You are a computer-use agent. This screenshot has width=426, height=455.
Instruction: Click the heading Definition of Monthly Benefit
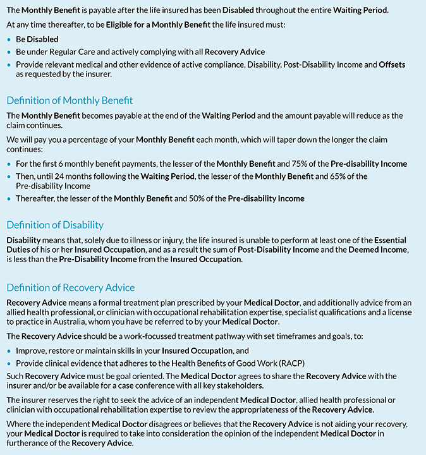[70, 100]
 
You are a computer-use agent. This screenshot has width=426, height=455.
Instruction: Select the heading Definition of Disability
[55, 225]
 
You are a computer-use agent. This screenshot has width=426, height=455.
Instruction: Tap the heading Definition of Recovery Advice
[71, 288]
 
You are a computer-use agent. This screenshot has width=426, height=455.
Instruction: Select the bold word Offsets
[392, 64]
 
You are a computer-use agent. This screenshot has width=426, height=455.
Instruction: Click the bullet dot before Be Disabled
[9, 39]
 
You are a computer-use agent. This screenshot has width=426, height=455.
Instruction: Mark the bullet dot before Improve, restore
[9, 351]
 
